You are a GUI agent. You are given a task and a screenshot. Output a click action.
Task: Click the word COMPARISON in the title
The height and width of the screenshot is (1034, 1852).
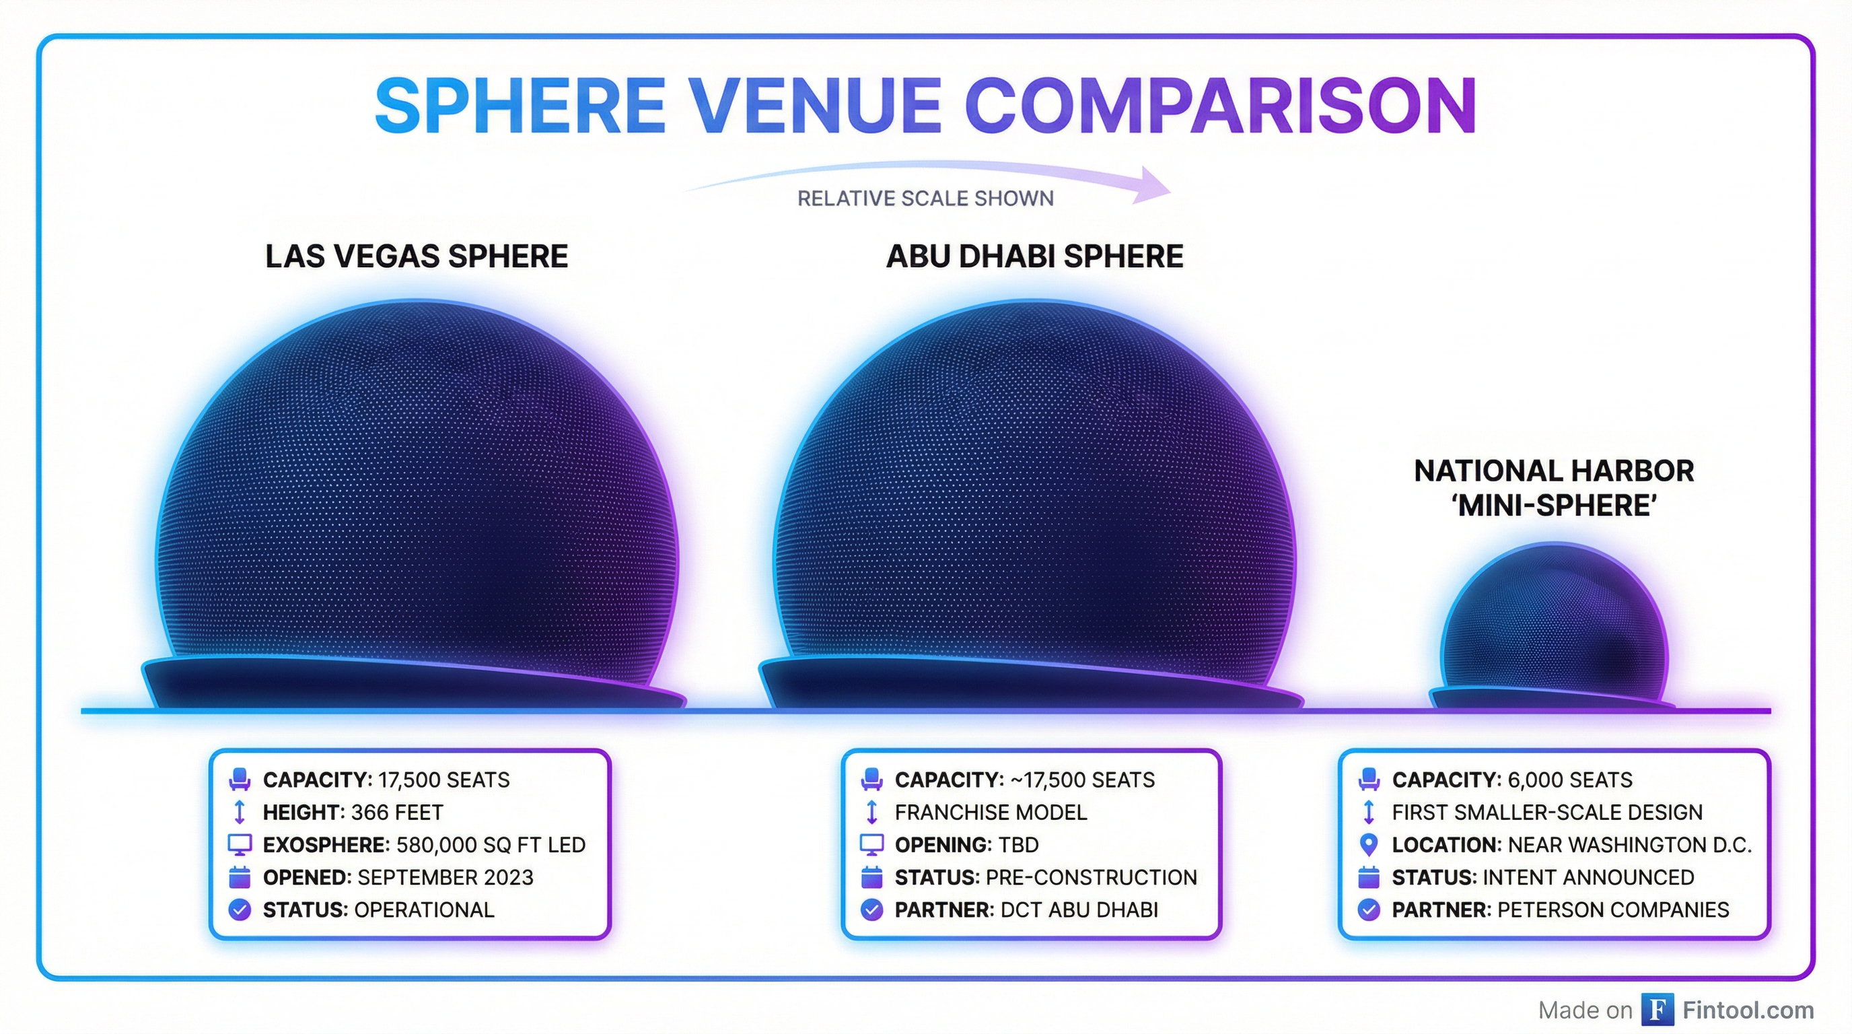(1221, 106)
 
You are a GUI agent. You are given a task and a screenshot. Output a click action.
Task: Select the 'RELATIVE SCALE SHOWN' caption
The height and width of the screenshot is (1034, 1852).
(925, 199)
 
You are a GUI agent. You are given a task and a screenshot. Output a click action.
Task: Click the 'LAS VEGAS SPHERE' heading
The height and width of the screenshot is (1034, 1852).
(417, 256)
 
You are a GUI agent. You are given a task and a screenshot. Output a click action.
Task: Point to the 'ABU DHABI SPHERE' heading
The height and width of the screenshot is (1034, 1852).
(1034, 256)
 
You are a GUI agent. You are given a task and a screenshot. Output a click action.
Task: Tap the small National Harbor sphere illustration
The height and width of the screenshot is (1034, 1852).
(1553, 625)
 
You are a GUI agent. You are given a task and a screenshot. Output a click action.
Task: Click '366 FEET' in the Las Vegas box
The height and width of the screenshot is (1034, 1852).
(397, 813)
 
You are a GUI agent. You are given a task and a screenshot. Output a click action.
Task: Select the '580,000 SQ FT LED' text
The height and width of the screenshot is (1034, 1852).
(491, 845)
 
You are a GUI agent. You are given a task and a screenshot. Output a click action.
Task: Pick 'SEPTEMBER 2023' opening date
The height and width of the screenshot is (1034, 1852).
(446, 877)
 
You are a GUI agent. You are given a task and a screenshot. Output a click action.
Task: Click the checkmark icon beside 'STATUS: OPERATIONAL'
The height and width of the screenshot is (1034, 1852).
(240, 909)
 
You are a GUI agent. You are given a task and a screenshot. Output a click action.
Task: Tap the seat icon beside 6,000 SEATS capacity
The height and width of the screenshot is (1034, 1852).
(1369, 780)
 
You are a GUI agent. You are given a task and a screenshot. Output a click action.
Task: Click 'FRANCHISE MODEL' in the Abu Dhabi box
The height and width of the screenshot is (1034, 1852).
(991, 813)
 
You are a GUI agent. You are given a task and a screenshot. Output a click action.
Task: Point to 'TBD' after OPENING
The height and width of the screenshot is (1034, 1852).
(1018, 845)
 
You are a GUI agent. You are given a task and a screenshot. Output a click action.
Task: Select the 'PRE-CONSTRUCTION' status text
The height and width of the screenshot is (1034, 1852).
(1092, 877)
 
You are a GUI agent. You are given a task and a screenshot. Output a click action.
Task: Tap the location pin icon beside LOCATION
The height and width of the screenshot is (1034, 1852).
(1369, 844)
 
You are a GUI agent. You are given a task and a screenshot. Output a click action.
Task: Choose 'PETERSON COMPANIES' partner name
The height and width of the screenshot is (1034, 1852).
(1613, 909)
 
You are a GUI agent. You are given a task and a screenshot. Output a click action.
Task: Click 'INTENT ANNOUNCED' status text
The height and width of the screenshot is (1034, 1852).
(1588, 877)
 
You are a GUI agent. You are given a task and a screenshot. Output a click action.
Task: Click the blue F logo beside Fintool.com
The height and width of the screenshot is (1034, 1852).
(1657, 1010)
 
